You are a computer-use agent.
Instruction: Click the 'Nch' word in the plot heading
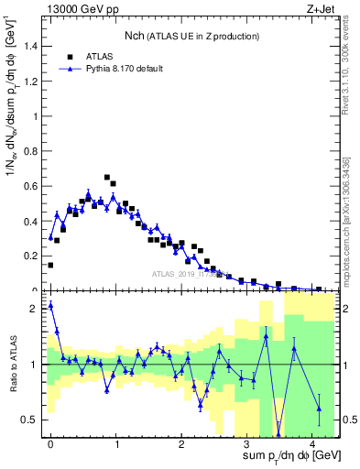coord(135,36)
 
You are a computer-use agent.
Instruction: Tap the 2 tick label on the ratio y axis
coord(35,309)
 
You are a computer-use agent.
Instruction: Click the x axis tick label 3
coord(246,444)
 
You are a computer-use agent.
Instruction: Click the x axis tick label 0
coord(50,444)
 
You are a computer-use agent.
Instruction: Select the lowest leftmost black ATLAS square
coord(50,265)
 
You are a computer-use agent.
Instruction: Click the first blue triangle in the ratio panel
coord(50,305)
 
